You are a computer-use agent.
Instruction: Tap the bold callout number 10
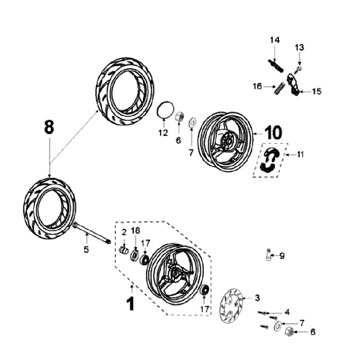coord(273,133)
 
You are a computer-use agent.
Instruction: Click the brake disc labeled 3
coord(232,306)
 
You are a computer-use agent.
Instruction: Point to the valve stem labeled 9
coord(268,255)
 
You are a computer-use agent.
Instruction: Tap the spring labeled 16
coord(278,88)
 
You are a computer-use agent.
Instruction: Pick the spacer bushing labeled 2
coord(124,250)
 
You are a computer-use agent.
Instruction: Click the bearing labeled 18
coord(134,255)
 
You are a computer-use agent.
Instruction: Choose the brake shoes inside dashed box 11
coord(270,160)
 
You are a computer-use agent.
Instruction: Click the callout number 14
coord(275,40)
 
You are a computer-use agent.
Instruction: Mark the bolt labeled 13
coord(298,69)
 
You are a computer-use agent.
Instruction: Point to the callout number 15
coord(316,91)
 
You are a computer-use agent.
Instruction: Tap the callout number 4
coord(287,312)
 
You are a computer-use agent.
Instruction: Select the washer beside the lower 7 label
coord(278,326)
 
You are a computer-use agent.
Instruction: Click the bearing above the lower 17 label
coord(204,289)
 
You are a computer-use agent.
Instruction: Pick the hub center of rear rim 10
coord(226,141)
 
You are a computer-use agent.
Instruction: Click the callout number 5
coord(86,249)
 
